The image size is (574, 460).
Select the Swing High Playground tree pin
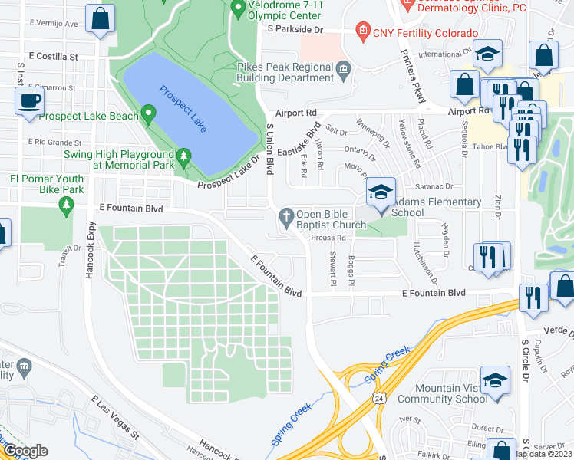tap(183, 158)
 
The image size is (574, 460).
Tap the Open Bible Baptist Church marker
tap(288, 215)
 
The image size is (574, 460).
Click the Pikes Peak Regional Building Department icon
tap(343, 71)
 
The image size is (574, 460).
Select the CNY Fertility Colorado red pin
tap(362, 33)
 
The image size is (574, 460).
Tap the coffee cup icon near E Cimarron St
tap(30, 101)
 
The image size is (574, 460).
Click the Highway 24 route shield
tap(379, 399)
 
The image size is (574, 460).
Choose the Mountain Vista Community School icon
tap(495, 381)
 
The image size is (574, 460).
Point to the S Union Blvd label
tap(269, 149)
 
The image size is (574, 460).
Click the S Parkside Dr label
tap(294, 29)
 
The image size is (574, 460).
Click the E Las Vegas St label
tap(115, 418)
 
